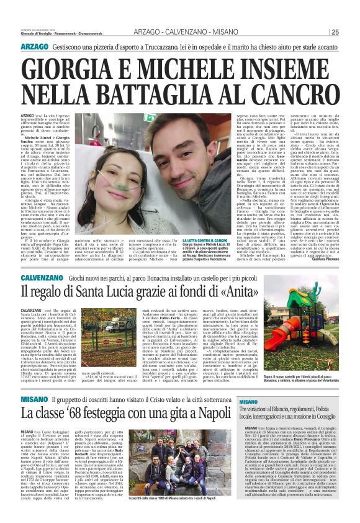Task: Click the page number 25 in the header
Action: (351, 32)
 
